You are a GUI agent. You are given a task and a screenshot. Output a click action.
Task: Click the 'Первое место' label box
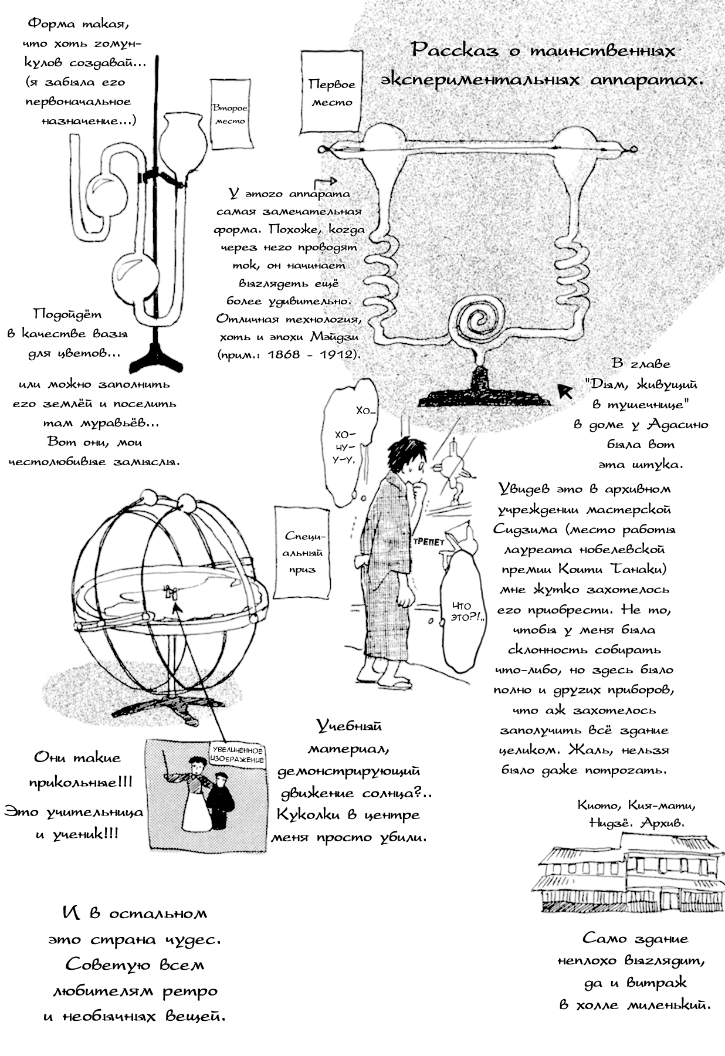click(331, 92)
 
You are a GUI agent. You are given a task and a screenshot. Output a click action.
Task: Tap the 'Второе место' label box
click(230, 114)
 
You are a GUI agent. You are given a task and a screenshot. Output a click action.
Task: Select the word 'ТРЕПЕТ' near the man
click(428, 541)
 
